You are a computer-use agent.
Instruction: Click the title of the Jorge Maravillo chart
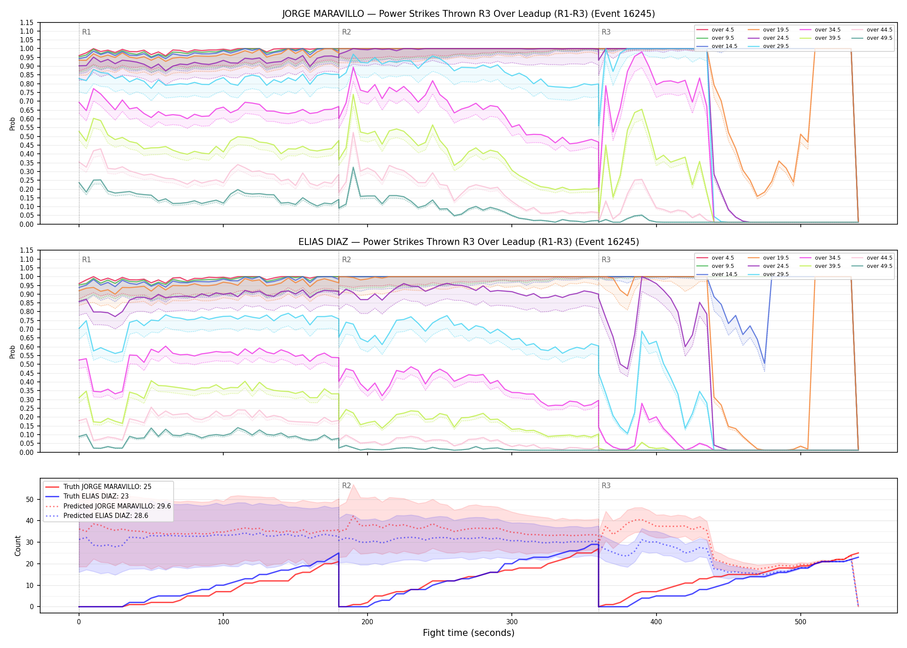(x=469, y=14)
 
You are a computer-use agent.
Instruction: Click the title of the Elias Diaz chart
(x=469, y=242)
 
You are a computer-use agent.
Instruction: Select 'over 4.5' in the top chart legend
(x=723, y=30)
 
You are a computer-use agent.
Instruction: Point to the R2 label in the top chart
(x=346, y=32)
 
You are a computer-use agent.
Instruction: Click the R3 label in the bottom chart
(x=606, y=486)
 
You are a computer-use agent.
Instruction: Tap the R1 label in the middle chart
(x=86, y=260)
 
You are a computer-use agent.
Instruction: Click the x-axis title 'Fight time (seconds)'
(x=469, y=633)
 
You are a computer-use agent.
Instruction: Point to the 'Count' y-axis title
(x=18, y=546)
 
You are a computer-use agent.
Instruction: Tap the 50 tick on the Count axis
(x=30, y=499)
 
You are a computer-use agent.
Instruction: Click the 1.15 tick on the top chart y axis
(x=27, y=22)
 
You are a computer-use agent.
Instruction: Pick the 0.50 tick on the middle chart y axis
(x=27, y=364)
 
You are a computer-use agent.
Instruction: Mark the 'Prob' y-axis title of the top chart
(x=12, y=124)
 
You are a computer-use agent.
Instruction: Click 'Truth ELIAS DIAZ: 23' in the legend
(x=96, y=496)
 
